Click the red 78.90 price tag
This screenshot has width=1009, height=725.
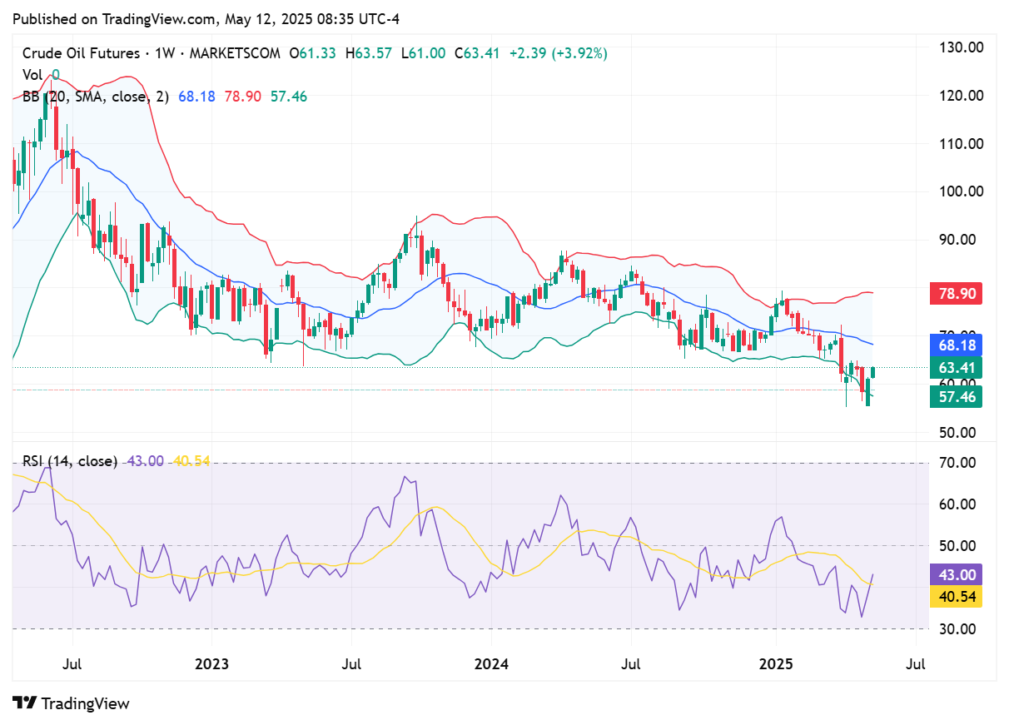(955, 293)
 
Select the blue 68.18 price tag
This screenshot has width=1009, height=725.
(955, 345)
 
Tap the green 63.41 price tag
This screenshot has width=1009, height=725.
(955, 367)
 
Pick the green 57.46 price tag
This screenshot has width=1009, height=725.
(955, 396)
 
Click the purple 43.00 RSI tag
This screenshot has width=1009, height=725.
(955, 574)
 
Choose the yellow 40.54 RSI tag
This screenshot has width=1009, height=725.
(955, 596)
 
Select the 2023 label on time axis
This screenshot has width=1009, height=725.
(211, 664)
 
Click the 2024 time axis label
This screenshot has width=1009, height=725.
(490, 664)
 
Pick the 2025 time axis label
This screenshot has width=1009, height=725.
(776, 664)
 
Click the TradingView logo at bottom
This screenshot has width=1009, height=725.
(72, 703)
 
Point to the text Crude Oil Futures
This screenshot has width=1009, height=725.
(81, 53)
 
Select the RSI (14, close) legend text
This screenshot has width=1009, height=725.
(70, 460)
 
